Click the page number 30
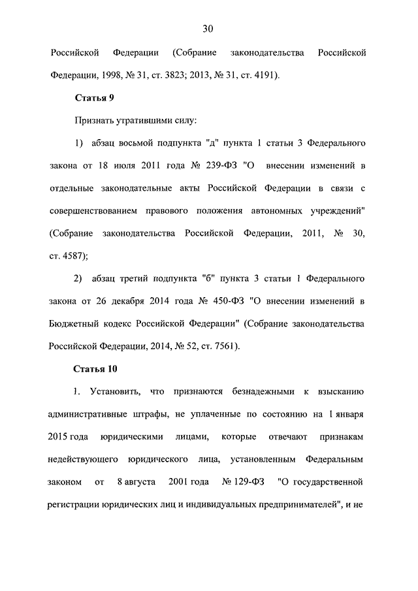click(208, 28)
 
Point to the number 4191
click(263, 74)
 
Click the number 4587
click(73, 255)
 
